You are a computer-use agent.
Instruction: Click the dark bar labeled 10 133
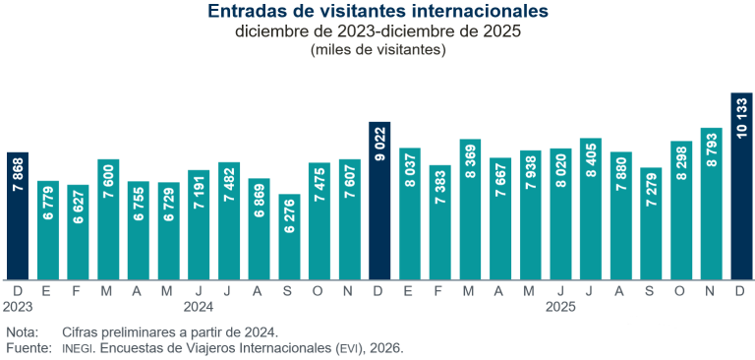pyautogui.click(x=742, y=186)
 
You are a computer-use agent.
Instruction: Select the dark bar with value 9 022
pyautogui.click(x=379, y=201)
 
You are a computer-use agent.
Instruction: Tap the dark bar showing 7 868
pyautogui.click(x=18, y=215)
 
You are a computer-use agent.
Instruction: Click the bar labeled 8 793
pyautogui.click(x=712, y=204)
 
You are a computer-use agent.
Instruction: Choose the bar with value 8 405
pyautogui.click(x=591, y=209)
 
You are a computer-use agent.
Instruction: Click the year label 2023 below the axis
pyautogui.click(x=18, y=306)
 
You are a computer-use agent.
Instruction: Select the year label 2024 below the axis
pyautogui.click(x=199, y=306)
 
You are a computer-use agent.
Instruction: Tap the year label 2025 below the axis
pyautogui.click(x=560, y=306)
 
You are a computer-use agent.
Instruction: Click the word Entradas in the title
pyautogui.click(x=248, y=12)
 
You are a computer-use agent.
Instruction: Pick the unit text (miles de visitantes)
pyautogui.click(x=377, y=49)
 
